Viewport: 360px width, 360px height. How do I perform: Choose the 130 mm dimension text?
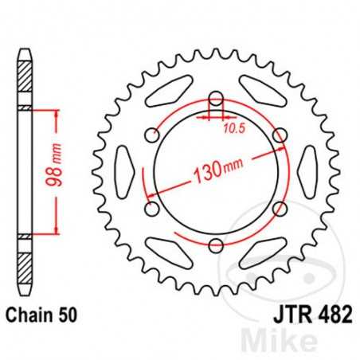pyautogui.click(x=215, y=170)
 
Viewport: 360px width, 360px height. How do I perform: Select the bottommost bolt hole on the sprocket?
pyautogui.click(x=215, y=245)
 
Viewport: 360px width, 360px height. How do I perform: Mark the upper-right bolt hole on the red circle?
pyautogui.click(x=278, y=136)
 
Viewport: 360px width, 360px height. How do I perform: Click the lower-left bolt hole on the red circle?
pyautogui.click(x=151, y=209)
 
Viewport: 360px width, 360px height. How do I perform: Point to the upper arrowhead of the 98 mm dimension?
pyautogui.click(x=56, y=114)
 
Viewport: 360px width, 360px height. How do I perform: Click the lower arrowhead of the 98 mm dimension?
pyautogui.click(x=56, y=232)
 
